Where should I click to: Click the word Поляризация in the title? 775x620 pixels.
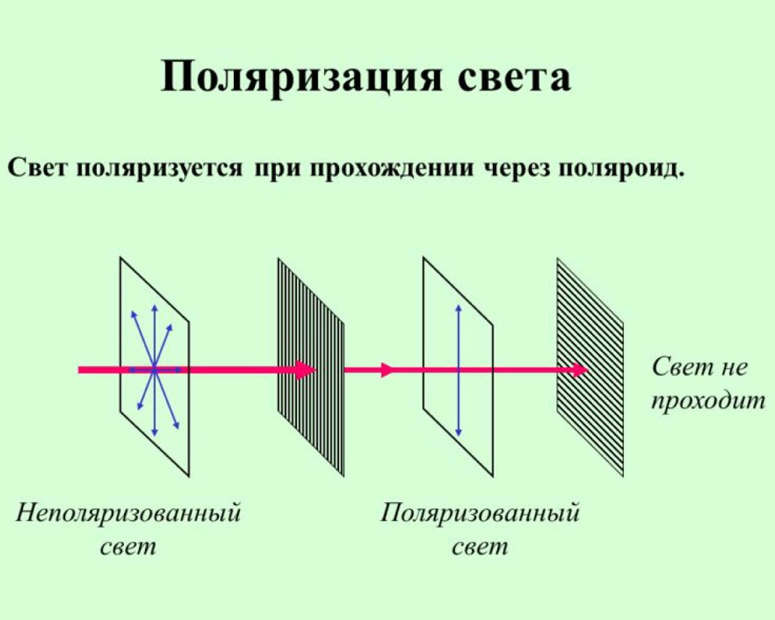301,77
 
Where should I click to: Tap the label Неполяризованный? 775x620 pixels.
128,513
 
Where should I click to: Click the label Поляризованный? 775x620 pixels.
480,513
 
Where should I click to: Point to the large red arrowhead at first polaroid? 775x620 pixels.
305,370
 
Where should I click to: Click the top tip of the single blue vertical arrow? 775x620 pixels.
459,305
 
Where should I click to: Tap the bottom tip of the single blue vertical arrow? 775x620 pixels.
459,435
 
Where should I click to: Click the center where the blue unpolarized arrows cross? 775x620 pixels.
154,370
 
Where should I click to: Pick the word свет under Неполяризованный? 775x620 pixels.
128,548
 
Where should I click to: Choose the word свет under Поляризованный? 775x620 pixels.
480,548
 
